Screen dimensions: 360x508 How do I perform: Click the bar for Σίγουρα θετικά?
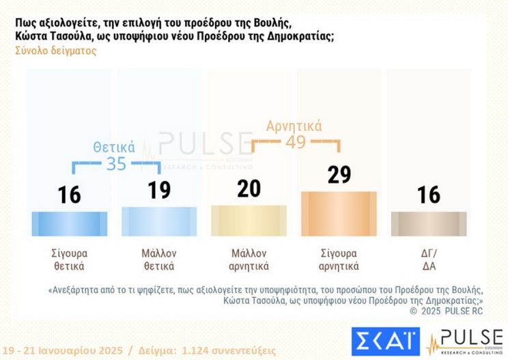[x=70, y=223]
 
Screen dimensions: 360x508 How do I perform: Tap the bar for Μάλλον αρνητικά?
[x=249, y=219]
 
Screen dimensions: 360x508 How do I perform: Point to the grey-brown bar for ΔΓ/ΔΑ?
[x=429, y=223]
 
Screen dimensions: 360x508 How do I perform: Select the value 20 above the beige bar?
[x=249, y=188]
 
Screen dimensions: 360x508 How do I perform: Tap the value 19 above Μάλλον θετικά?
[x=159, y=190]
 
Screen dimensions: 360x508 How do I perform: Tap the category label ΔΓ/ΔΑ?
[x=429, y=260]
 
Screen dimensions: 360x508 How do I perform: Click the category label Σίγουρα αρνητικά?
[x=339, y=260]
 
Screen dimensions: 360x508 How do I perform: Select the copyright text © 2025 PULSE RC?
[x=446, y=310]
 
